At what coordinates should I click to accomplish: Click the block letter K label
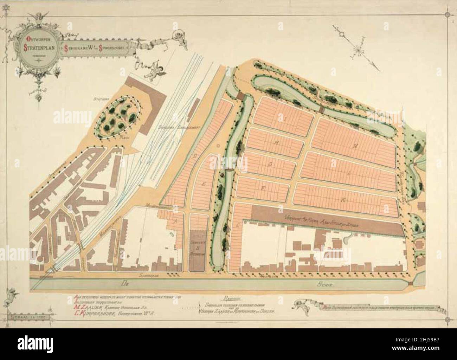point(343,199)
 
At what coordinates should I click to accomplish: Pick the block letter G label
point(270,164)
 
